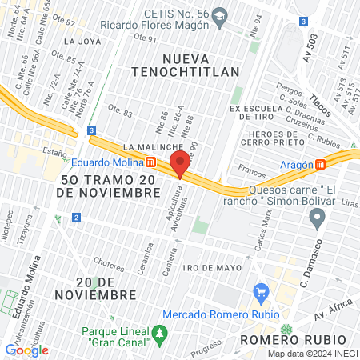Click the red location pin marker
[180, 165]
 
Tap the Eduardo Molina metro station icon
[151, 162]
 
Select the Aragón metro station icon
[320, 165]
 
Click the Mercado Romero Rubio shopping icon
[259, 294]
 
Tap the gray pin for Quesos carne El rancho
[318, 216]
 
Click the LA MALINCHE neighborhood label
[150, 147]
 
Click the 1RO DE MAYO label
[212, 267]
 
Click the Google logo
[26, 350]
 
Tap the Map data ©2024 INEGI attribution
[312, 354]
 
